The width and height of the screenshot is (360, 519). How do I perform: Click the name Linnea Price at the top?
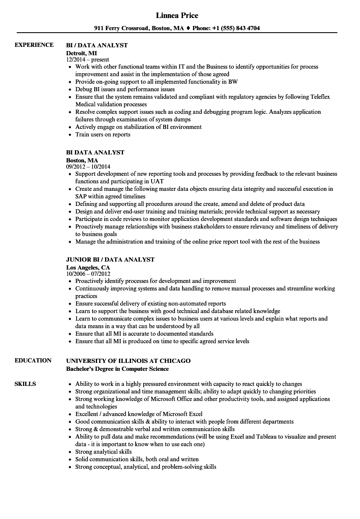[x=177, y=15]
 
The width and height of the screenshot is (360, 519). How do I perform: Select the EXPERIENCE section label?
[x=34, y=45]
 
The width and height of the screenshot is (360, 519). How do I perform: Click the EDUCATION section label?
[x=33, y=360]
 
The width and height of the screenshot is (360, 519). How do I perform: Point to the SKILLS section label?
[x=25, y=384]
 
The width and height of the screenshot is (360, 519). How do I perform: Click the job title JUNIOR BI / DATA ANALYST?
[x=110, y=259]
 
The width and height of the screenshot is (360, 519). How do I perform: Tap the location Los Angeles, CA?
[x=88, y=267]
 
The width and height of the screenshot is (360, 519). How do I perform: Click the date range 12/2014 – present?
[x=87, y=59]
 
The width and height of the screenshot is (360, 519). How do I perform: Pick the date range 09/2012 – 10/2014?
[x=91, y=167]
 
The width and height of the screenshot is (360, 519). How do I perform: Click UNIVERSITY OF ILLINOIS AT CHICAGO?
[x=128, y=360]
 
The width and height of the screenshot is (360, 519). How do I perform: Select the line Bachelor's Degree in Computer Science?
[x=117, y=369]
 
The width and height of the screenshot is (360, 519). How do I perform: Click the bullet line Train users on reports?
[x=103, y=134]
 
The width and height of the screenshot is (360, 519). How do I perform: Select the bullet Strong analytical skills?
[x=103, y=452]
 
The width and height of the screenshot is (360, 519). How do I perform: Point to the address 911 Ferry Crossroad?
[x=121, y=28]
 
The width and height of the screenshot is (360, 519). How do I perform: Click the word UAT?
[x=157, y=181]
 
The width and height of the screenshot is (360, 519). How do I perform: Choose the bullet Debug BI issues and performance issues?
[x=125, y=89]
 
